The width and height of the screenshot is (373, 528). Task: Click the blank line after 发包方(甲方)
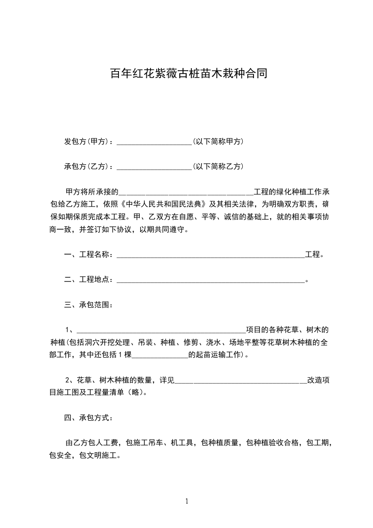pos(154,142)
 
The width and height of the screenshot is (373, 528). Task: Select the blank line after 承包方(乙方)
pos(154,167)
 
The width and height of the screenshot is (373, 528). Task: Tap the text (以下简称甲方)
pos(218,142)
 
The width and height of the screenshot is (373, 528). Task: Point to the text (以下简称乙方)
pos(218,167)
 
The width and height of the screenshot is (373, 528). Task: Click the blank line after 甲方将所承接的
pos(186,192)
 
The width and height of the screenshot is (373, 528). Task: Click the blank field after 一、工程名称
pos(210,255)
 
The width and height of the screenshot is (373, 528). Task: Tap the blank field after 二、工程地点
pos(210,280)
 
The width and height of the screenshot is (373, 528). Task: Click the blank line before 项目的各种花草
pos(160,330)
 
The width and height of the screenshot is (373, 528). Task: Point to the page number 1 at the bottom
pos(187,501)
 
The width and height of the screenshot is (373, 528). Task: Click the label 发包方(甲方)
pos(87,142)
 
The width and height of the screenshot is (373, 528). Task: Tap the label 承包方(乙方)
pos(87,167)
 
